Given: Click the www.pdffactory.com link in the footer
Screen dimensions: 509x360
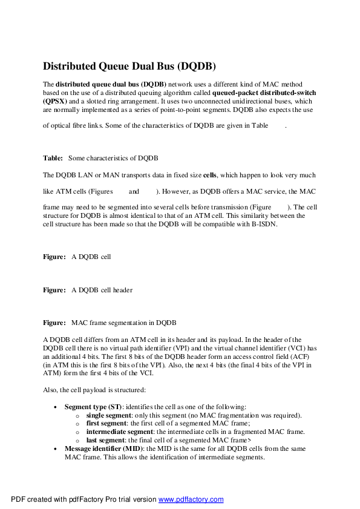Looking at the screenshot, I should pyautogui.click(x=191, y=499).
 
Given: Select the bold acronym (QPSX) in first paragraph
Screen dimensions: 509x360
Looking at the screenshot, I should pyautogui.click(x=56, y=102).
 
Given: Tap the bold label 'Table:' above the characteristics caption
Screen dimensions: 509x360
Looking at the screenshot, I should pyautogui.click(x=53, y=158).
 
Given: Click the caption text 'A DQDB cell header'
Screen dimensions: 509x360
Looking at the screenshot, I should pyautogui.click(x=102, y=290).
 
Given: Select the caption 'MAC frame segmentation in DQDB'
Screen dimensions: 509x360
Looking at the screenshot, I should pyautogui.click(x=124, y=321).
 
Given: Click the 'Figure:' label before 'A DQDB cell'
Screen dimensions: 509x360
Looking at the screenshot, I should pyautogui.click(x=54, y=257).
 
